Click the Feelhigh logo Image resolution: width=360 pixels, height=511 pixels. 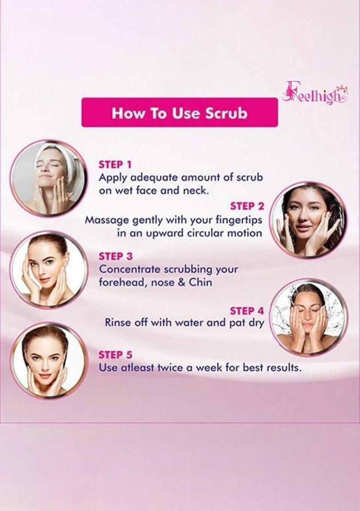point(315,93)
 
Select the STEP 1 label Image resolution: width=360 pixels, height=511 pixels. point(115,165)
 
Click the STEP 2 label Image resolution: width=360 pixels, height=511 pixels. point(247,206)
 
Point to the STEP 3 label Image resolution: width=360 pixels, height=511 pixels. point(115,256)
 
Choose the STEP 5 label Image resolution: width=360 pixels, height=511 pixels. point(115,355)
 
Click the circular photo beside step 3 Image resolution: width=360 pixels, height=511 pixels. point(48,270)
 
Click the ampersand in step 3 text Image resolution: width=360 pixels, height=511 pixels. point(180,282)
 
